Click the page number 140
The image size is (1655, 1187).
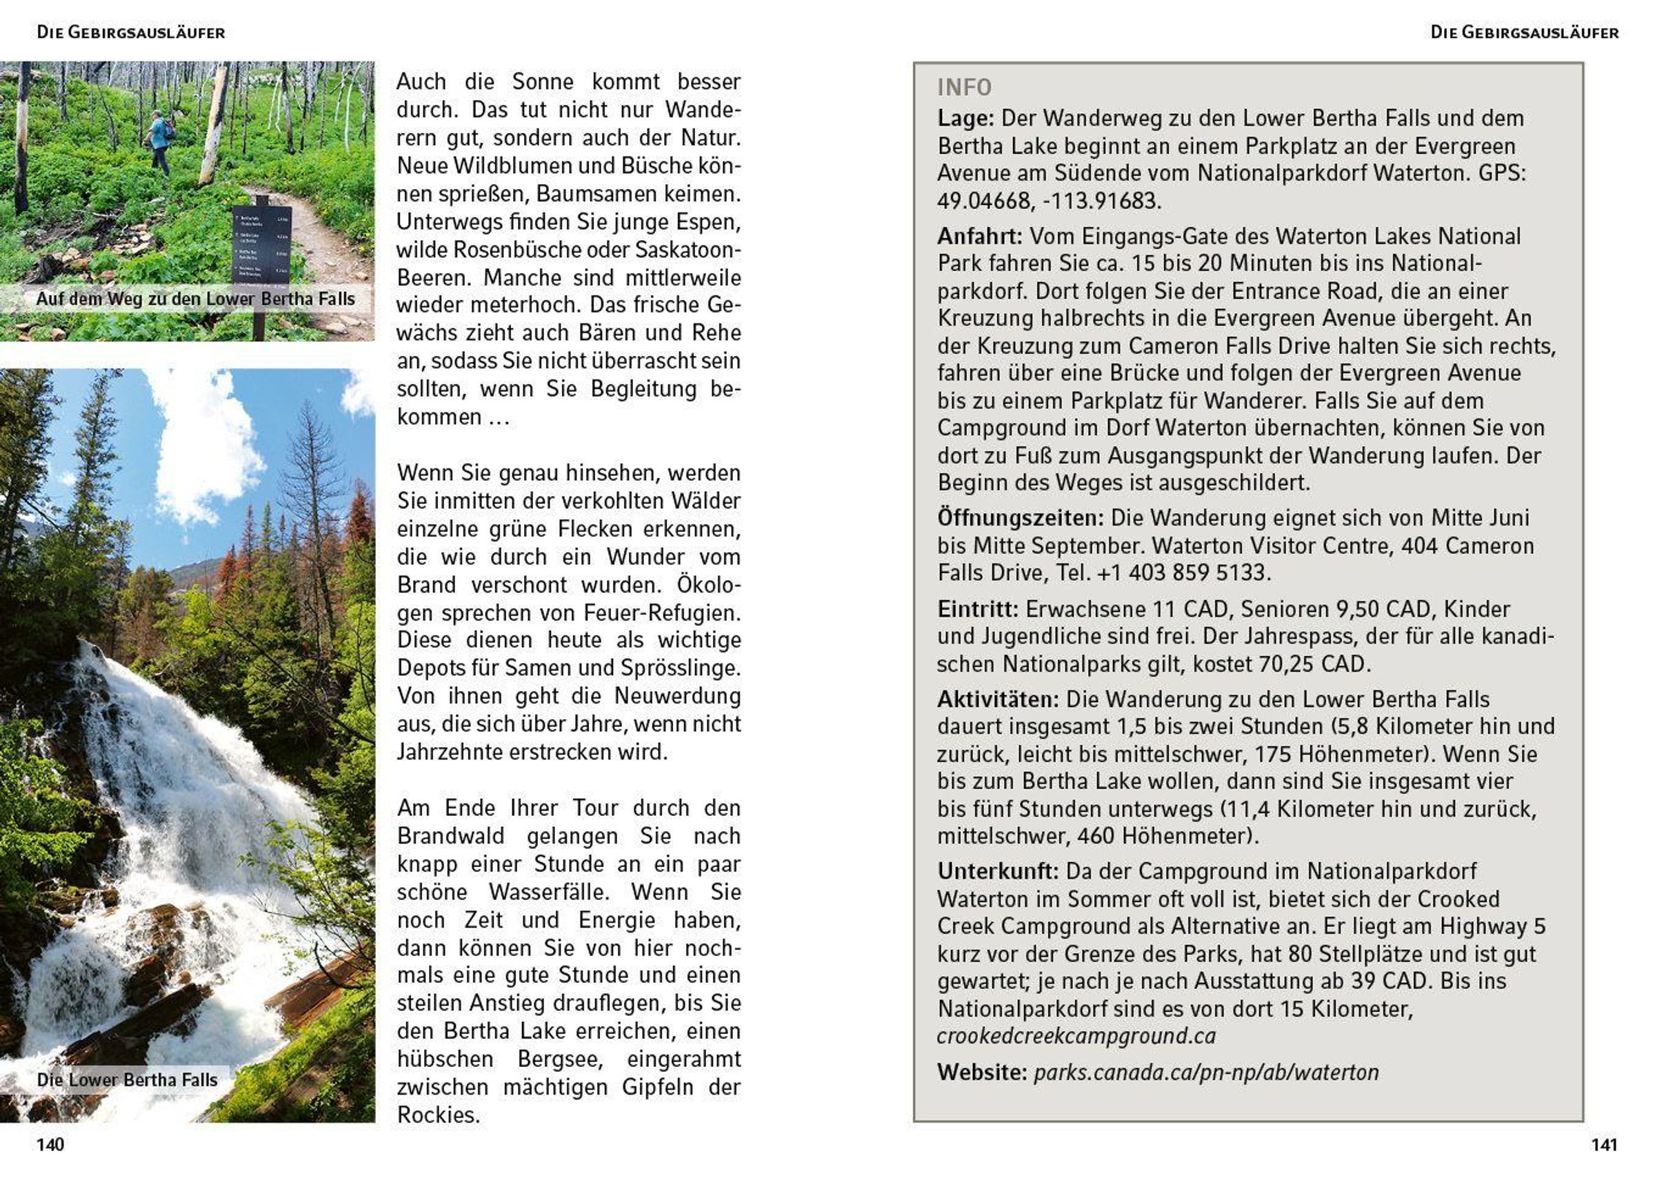[x=50, y=1144]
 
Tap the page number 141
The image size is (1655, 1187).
[x=1604, y=1144]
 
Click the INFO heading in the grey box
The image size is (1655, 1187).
[x=964, y=88]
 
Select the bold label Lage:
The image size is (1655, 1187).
[x=965, y=118]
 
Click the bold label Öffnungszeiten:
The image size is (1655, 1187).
[x=1020, y=518]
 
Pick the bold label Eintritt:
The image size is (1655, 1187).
[x=978, y=609]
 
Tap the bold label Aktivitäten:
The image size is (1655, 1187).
[x=998, y=699]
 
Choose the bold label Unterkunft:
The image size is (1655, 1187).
[x=998, y=872]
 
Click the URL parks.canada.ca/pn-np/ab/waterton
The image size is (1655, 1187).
[x=1206, y=1073]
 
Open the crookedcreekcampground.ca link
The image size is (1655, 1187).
[x=1076, y=1036]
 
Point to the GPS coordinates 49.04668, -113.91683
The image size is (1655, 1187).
[x=1049, y=201]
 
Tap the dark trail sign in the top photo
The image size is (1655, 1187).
[x=262, y=245]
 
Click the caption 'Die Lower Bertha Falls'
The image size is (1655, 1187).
[x=127, y=1079]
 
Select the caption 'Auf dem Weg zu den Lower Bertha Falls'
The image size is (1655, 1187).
[x=195, y=299]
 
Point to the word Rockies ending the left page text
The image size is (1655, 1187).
[x=438, y=1115]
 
